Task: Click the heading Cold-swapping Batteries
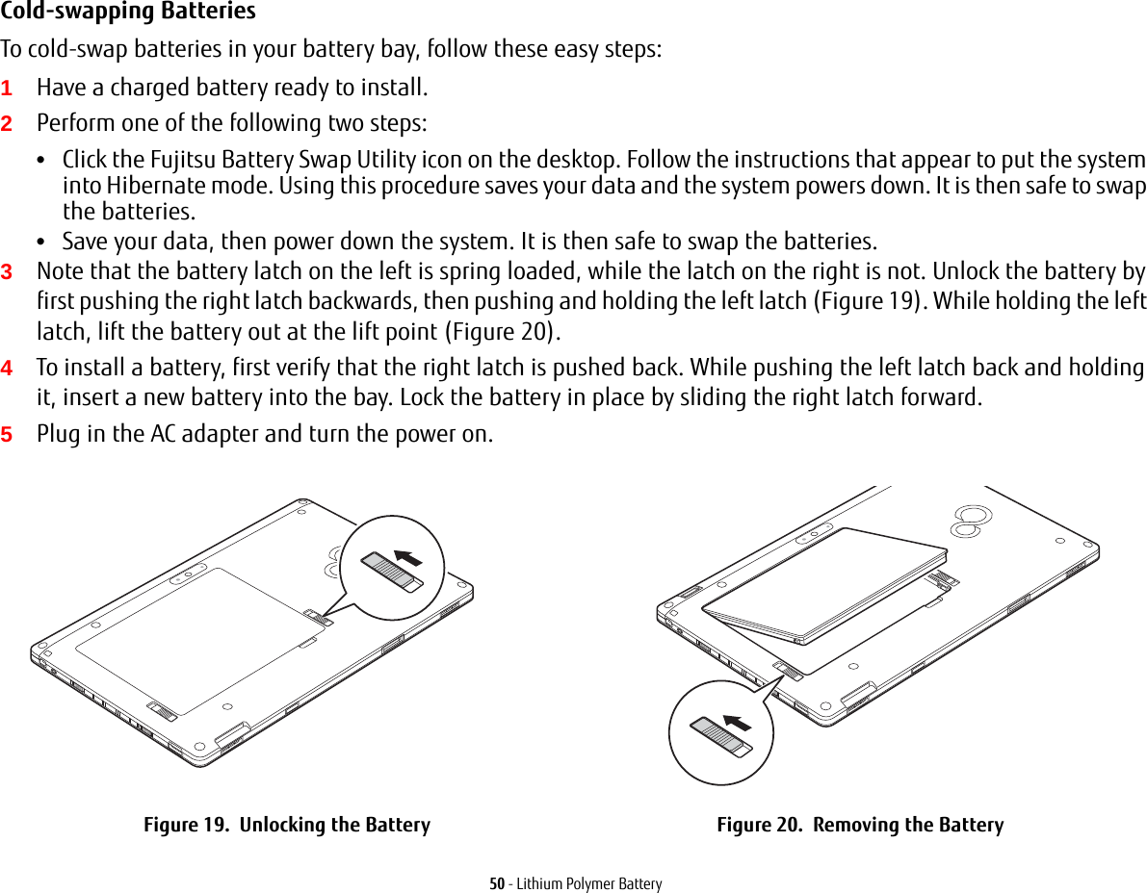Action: tap(128, 13)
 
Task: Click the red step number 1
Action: tap(7, 89)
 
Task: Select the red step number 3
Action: tap(7, 272)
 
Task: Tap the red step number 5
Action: tap(7, 434)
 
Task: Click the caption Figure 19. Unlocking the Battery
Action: tap(287, 825)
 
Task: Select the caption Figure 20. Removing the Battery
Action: tap(860, 825)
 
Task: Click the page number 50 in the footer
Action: tap(497, 883)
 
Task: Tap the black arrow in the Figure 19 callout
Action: tap(409, 558)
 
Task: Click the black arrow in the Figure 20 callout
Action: tap(738, 722)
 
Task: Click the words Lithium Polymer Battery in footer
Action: tap(589, 883)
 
